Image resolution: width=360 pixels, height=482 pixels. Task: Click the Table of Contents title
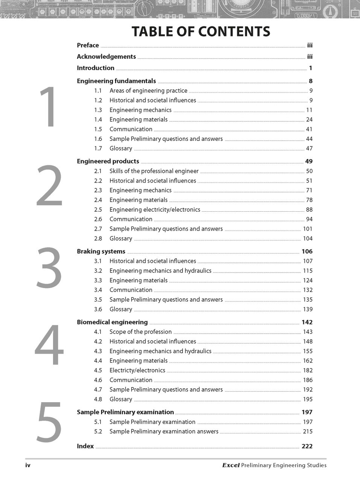pyautogui.click(x=201, y=32)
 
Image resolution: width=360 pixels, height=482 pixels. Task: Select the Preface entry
pyautogui.click(x=88, y=46)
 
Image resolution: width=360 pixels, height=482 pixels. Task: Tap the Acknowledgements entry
pyautogui.click(x=106, y=57)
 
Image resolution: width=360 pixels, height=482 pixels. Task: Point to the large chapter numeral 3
pyautogui.click(x=49, y=268)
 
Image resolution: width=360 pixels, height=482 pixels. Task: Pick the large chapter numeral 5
pyautogui.click(x=49, y=422)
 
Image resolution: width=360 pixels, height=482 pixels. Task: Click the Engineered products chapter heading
pyautogui.click(x=108, y=161)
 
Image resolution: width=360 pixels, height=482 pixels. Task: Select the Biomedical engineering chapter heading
pyautogui.click(x=112, y=322)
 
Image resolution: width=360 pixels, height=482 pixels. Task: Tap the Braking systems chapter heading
pyautogui.click(x=101, y=252)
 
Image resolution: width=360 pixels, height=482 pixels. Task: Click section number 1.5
pyautogui.click(x=98, y=129)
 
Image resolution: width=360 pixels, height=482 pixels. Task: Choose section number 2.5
pyautogui.click(x=98, y=210)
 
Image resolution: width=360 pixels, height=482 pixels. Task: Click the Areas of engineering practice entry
pyautogui.click(x=148, y=91)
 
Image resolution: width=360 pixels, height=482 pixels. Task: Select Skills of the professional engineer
pyautogui.click(x=154, y=171)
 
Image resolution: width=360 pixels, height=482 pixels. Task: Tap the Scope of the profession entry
pyautogui.click(x=140, y=332)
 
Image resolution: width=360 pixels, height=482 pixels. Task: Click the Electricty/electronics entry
pyautogui.click(x=137, y=371)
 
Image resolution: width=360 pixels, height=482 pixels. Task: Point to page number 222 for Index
pyautogui.click(x=307, y=446)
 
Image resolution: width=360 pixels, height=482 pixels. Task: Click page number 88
pyautogui.click(x=309, y=210)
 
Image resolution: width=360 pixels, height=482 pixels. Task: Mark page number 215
pyautogui.click(x=308, y=432)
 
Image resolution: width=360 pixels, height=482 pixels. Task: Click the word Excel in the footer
pyautogui.click(x=231, y=465)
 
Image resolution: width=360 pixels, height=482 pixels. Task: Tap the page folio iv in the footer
pyautogui.click(x=28, y=465)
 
